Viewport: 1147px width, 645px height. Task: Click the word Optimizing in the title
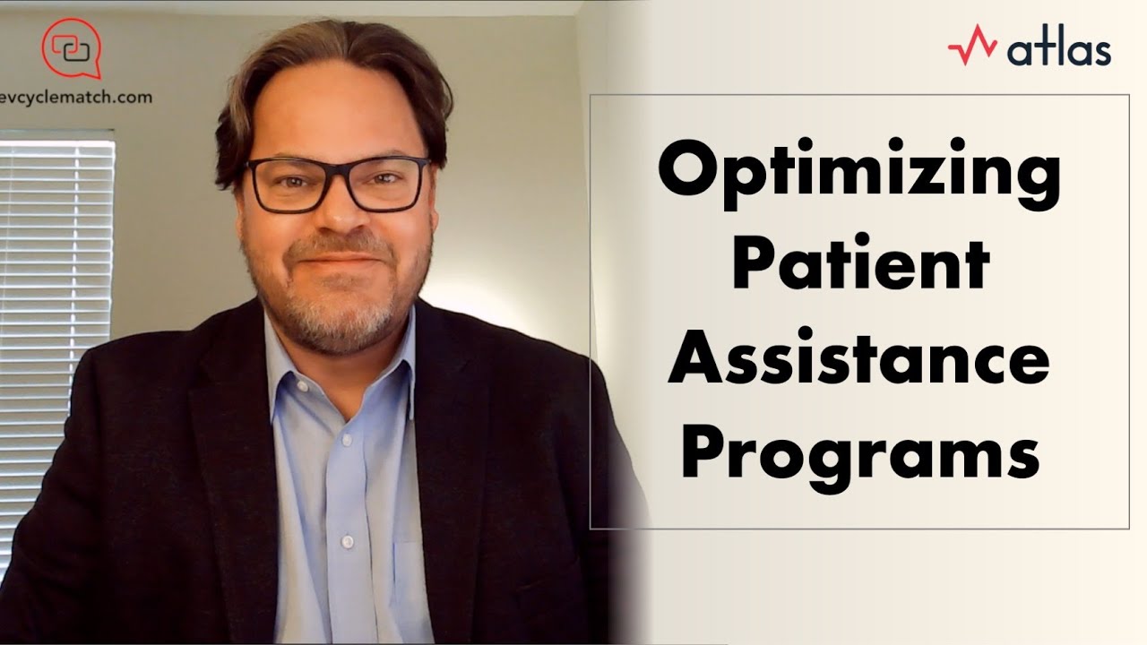(858, 175)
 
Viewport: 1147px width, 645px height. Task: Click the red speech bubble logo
(72, 49)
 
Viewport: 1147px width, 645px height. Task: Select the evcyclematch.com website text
(76, 98)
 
